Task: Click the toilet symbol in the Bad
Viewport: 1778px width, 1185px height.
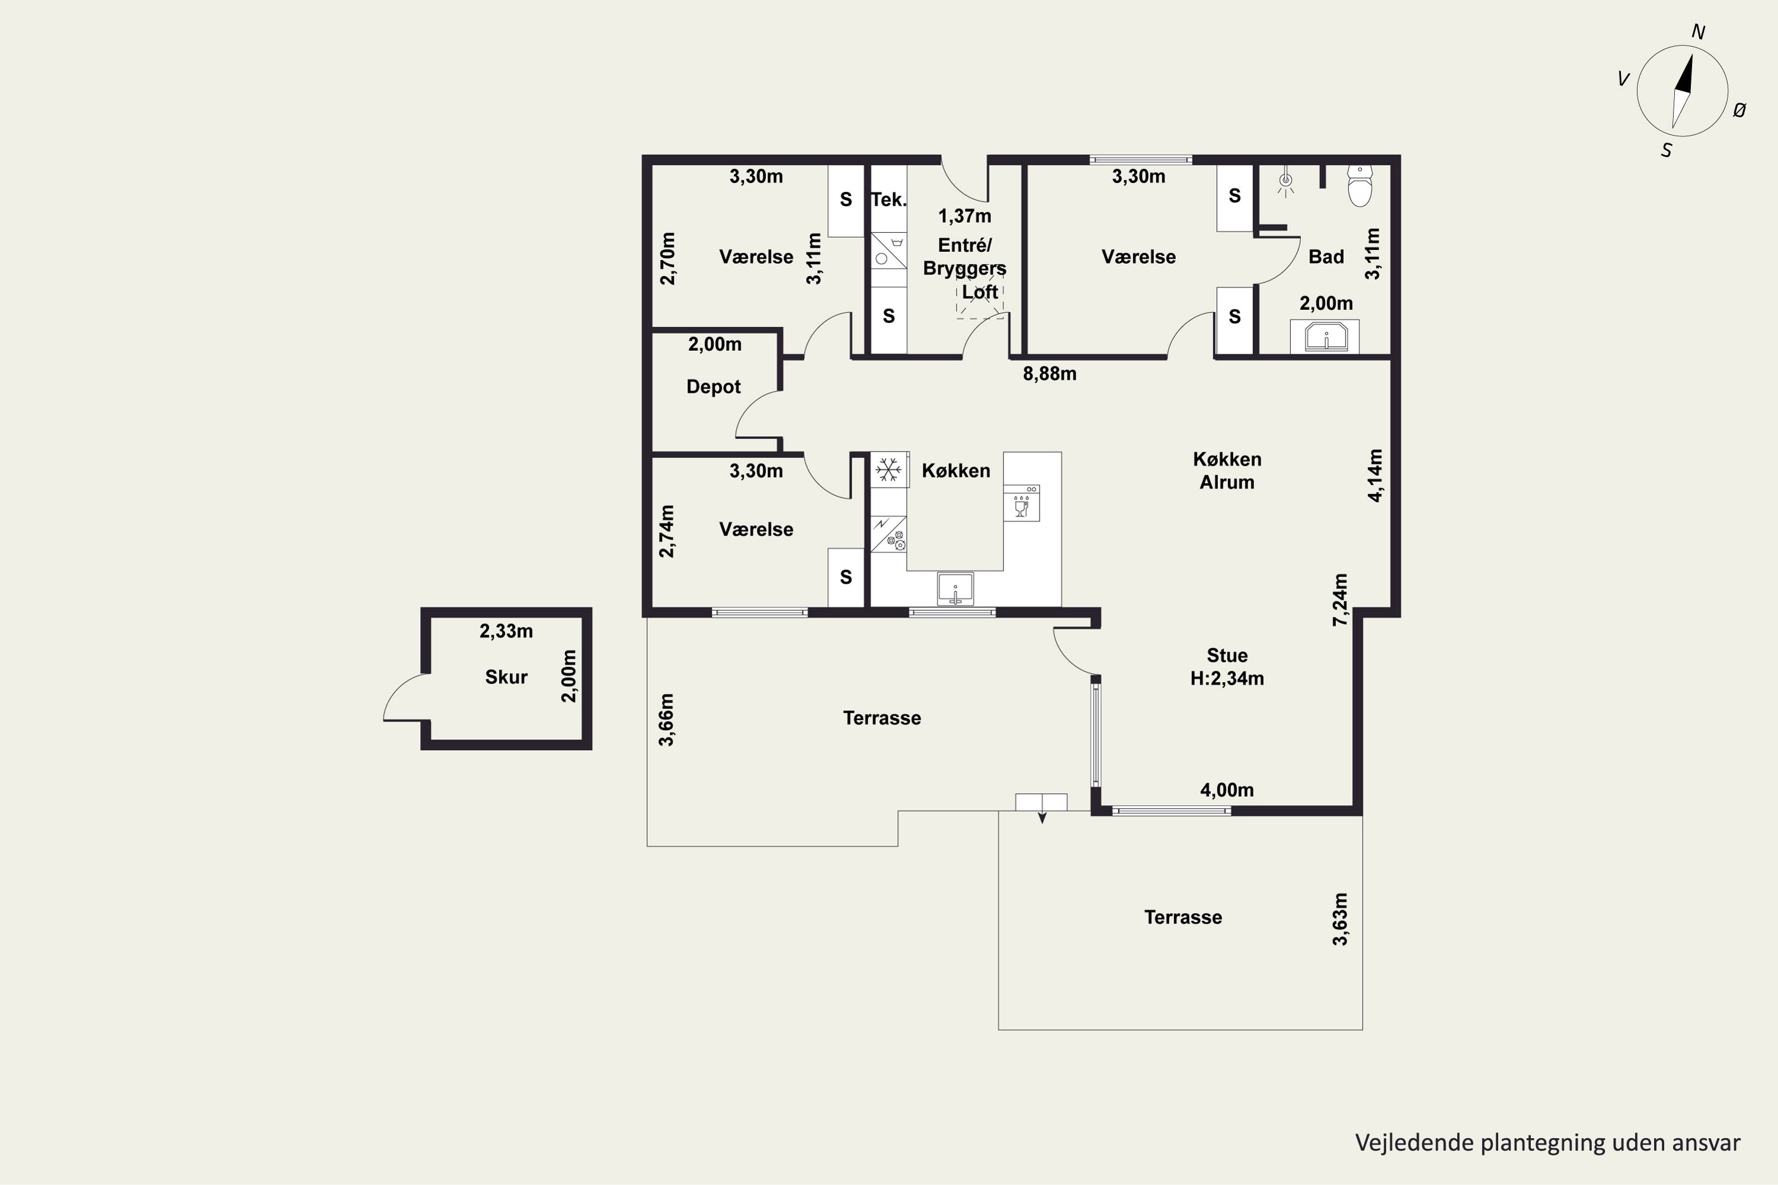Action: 1360,187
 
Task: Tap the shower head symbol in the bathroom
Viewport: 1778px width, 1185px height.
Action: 1285,182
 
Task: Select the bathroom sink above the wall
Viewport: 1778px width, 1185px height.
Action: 1326,337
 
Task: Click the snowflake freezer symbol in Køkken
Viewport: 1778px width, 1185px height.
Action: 889,469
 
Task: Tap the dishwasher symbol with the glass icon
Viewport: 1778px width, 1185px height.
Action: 1021,502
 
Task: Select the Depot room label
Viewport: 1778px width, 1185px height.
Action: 714,387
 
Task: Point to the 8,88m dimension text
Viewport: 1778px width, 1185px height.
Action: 1050,374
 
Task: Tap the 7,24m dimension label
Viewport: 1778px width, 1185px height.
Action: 1339,600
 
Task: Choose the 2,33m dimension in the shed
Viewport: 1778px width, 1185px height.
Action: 507,631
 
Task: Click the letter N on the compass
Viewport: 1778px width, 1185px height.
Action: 1698,33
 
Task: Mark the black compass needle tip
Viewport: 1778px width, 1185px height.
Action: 1691,55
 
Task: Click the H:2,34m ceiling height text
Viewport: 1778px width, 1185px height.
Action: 1227,678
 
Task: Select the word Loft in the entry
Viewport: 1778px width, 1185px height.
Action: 980,292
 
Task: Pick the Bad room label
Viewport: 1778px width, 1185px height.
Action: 1326,257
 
